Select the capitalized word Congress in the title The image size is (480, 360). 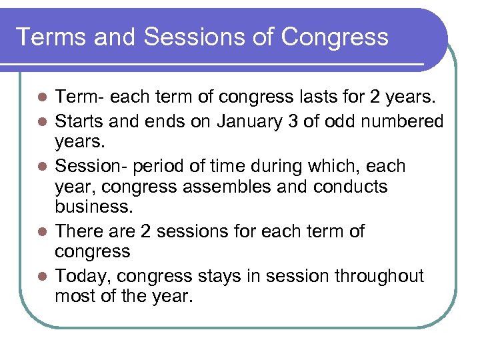(x=335, y=37)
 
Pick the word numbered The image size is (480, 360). (x=407, y=121)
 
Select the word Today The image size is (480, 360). (x=80, y=275)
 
